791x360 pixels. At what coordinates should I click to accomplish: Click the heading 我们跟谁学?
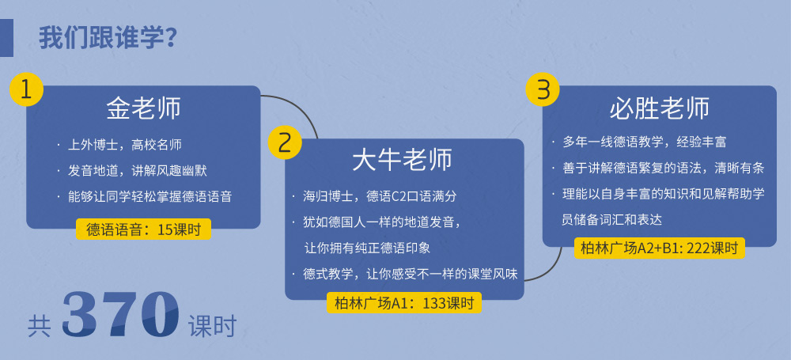tap(108, 38)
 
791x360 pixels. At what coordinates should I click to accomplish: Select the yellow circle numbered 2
tap(285, 142)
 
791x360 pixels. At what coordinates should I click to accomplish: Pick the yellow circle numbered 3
tap(543, 89)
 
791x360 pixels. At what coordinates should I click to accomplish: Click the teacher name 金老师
tap(144, 108)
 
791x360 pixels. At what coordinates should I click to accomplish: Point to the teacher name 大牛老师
tap(402, 161)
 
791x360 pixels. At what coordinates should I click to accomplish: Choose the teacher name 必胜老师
tap(660, 108)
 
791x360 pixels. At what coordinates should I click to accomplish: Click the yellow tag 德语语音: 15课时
tap(143, 229)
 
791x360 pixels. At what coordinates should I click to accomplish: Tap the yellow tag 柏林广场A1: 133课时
tap(404, 302)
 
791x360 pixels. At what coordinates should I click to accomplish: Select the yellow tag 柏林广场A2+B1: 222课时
tap(660, 248)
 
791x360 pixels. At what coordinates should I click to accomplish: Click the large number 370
tap(120, 315)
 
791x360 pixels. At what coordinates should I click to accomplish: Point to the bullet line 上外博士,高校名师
tap(125, 146)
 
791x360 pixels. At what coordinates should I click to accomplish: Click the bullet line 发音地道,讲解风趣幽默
tap(137, 171)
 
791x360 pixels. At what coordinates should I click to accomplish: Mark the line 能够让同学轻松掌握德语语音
tap(149, 196)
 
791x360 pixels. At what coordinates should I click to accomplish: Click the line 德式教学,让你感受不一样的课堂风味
tap(411, 275)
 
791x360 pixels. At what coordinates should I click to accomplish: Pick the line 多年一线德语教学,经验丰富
tap(644, 142)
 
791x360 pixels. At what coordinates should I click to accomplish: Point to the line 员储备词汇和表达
tap(612, 220)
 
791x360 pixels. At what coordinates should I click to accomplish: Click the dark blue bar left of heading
tap(6, 38)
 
